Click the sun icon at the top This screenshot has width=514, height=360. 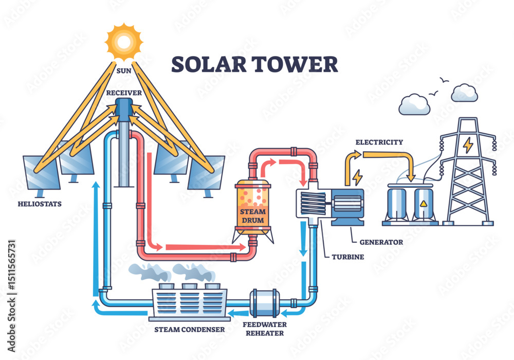124,42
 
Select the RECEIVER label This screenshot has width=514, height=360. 124,93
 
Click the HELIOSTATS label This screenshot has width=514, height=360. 40,204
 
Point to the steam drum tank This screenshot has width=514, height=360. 253,208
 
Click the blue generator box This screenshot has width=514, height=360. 347,207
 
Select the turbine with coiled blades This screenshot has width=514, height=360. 313,203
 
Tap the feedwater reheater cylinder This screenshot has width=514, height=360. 265,303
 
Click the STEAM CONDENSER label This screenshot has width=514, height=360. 190,330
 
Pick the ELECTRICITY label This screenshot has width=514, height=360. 379,142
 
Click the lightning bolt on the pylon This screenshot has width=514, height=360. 468,145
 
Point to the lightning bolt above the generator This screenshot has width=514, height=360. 357,177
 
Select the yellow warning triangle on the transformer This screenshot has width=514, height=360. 424,204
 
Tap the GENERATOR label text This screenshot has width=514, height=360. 381,242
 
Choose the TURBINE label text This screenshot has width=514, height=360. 348,257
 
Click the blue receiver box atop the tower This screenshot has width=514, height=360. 124,110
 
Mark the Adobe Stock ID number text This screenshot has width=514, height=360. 11,265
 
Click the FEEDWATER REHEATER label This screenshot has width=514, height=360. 265,329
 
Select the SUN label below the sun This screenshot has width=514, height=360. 124,71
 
